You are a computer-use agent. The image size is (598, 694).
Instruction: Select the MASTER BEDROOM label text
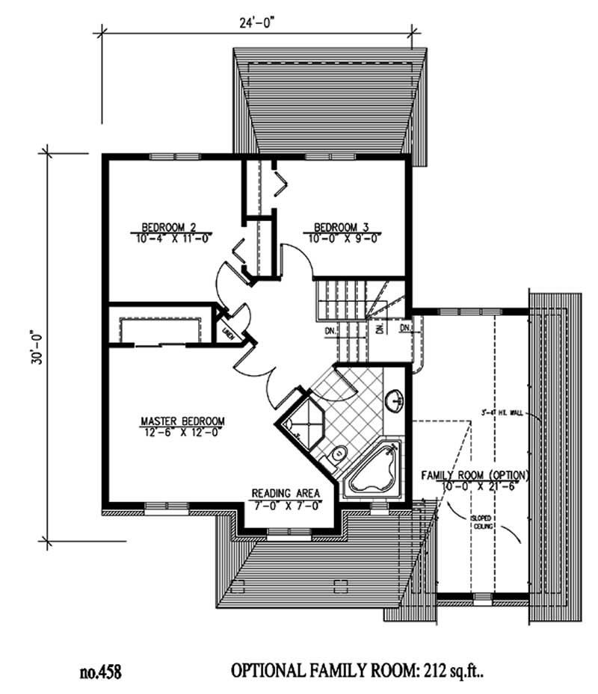[x=182, y=420]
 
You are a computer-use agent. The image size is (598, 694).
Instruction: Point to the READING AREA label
[x=286, y=494]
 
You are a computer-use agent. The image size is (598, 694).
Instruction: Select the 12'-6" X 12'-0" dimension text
[x=182, y=431]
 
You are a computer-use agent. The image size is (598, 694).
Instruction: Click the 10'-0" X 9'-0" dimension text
[x=342, y=238]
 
